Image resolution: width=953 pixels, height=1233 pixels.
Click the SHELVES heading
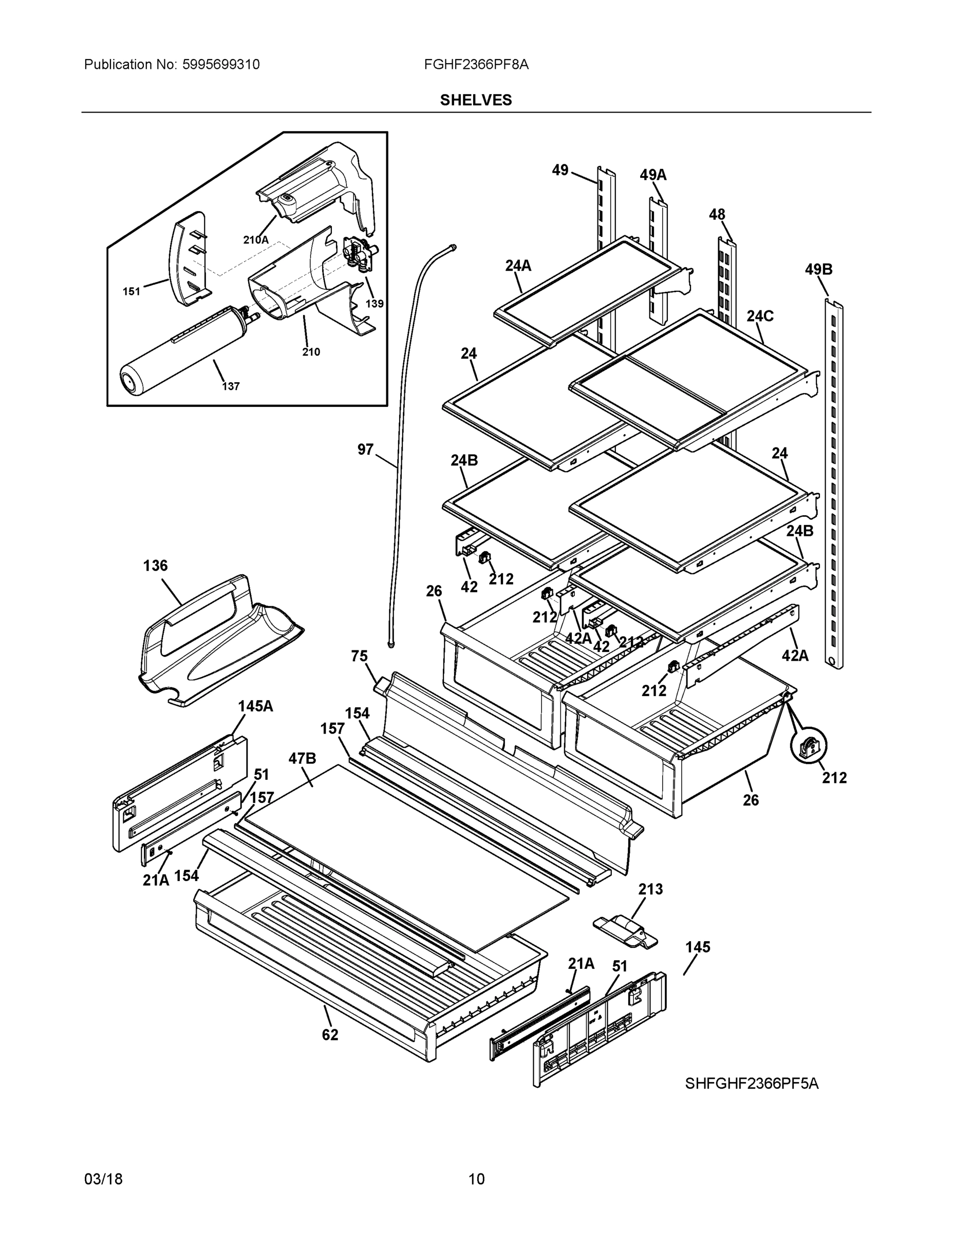pos(475,100)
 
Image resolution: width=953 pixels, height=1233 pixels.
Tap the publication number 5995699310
pos(221,64)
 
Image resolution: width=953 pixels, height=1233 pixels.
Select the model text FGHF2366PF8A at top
pos(476,64)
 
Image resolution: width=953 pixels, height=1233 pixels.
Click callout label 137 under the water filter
pos(230,386)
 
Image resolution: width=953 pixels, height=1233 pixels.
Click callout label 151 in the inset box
pos(131,291)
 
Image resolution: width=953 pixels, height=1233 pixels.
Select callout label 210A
pos(256,239)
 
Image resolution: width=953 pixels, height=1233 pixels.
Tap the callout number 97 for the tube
pos(365,450)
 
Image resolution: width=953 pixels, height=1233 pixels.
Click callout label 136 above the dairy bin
pos(155,565)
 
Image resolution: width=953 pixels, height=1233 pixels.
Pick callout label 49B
pos(818,269)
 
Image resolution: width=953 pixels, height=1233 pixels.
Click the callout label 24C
pos(760,316)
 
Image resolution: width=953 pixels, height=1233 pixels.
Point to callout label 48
pos(717,215)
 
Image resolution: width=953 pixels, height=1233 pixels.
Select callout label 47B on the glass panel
pos(302,758)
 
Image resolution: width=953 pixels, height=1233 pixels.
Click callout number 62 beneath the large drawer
pos(330,1035)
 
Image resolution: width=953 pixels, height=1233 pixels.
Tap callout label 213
pos(650,889)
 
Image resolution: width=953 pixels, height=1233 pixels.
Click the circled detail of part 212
pos(808,748)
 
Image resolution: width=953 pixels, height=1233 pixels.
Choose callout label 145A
pos(255,706)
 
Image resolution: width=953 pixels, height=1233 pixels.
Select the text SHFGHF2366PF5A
pos(752,1083)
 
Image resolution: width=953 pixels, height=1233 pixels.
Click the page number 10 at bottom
pos(476,1179)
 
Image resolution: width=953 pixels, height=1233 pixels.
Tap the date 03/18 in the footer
pos(103,1179)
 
